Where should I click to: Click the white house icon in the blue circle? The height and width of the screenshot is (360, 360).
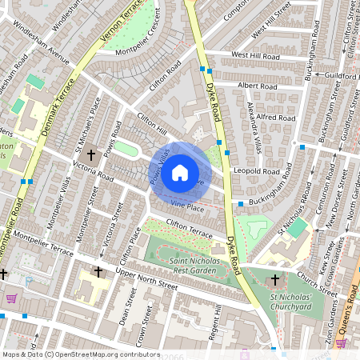[180, 172]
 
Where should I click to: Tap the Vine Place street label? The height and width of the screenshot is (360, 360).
[182, 207]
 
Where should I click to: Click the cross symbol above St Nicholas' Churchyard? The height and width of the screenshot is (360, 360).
[275, 280]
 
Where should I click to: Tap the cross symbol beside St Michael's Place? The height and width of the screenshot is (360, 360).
[91, 154]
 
